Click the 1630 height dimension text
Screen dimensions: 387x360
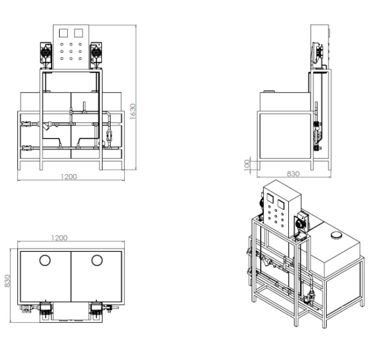[x=132, y=111]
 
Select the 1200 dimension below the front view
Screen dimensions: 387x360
[x=69, y=177]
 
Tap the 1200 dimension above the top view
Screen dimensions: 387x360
[x=59, y=238]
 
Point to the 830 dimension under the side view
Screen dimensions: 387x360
[x=293, y=173]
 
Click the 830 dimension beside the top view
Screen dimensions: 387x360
[x=7, y=281]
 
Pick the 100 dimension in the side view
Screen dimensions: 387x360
[x=247, y=165]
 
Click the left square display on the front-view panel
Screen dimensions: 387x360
[x=63, y=33]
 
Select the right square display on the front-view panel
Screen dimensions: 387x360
[x=78, y=33]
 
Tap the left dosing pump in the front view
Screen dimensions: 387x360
[x=46, y=55]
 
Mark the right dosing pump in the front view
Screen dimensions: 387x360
[x=96, y=55]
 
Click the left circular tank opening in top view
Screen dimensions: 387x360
[x=45, y=260]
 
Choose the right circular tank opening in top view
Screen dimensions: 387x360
[x=97, y=260]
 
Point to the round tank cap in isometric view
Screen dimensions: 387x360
[x=336, y=235]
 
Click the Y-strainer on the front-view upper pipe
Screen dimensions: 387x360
[x=46, y=126]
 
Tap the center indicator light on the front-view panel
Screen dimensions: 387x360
[x=71, y=52]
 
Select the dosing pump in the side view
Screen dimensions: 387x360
[x=318, y=53]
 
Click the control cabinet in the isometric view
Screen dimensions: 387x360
[x=282, y=208]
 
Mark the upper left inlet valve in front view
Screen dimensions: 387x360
[x=27, y=124]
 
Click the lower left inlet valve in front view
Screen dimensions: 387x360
[x=27, y=148]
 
